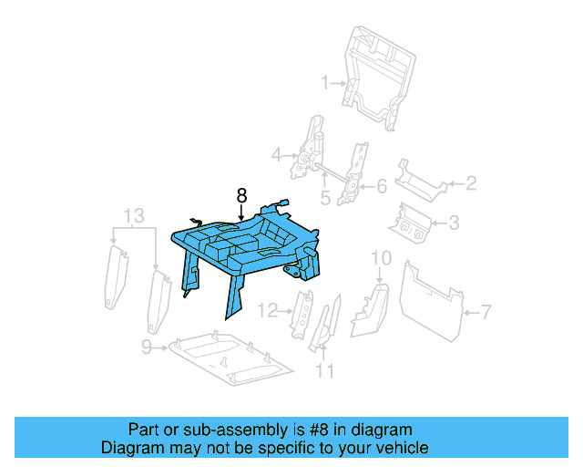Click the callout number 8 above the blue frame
241,195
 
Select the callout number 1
324,84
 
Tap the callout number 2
471,184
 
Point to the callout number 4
277,156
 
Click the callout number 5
325,197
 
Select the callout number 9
146,347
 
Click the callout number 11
324,370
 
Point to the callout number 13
133,215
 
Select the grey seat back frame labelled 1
377,73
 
